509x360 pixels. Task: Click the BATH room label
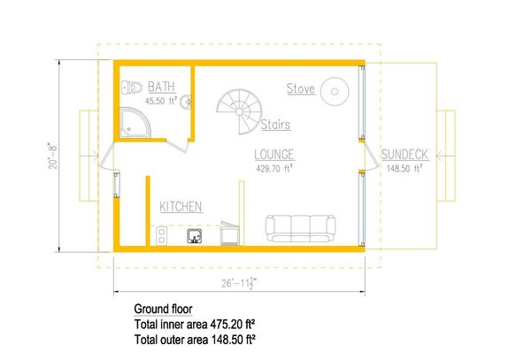pyautogui.click(x=161, y=87)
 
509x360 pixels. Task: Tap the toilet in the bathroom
pyautogui.click(x=132, y=87)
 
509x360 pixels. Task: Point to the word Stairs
pyautogui.click(x=276, y=125)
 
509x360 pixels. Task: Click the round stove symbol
pyautogui.click(x=335, y=88)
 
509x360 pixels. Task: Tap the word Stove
pyautogui.click(x=300, y=88)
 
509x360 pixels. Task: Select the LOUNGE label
pyautogui.click(x=274, y=154)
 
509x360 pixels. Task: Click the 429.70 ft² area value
pyautogui.click(x=274, y=167)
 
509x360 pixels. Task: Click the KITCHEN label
pyautogui.click(x=181, y=206)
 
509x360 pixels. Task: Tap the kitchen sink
pyautogui.click(x=197, y=234)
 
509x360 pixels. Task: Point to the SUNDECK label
pyautogui.click(x=405, y=155)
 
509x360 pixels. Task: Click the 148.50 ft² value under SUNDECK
pyautogui.click(x=405, y=168)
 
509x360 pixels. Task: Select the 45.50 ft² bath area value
pyautogui.click(x=160, y=102)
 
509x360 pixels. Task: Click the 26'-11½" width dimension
pyautogui.click(x=240, y=285)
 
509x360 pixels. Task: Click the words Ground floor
pyautogui.click(x=163, y=310)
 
